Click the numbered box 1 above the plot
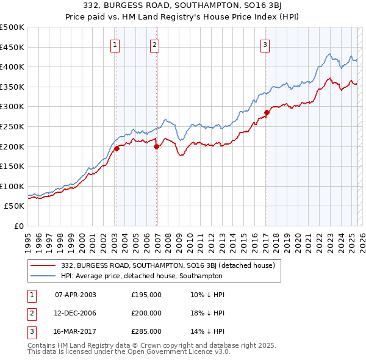pyautogui.click(x=116, y=44)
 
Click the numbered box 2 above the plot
pyautogui.click(x=155, y=44)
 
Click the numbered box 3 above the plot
pyautogui.click(x=266, y=44)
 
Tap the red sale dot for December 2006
pyautogui.click(x=157, y=146)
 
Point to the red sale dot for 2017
pyautogui.click(x=267, y=112)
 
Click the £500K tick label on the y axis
pyautogui.click(x=12, y=27)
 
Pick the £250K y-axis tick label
pyautogui.click(x=12, y=126)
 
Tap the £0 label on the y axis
pyautogui.click(x=19, y=226)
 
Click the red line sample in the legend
pyautogui.click(x=43, y=265)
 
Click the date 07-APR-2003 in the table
pyautogui.click(x=76, y=295)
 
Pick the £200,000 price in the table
pyautogui.click(x=146, y=313)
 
